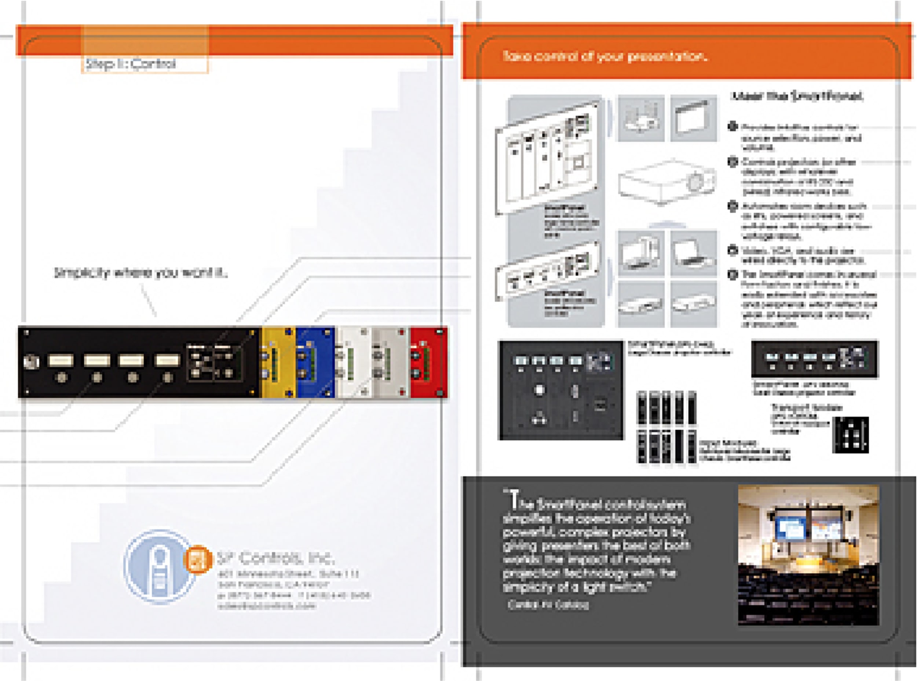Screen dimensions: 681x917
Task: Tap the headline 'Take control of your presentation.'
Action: (x=604, y=56)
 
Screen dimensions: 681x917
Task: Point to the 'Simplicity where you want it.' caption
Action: (x=141, y=273)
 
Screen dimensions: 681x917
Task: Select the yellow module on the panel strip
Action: (x=278, y=362)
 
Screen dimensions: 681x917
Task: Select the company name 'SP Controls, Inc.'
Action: (x=275, y=558)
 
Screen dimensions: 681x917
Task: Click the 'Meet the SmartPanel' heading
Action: (x=796, y=96)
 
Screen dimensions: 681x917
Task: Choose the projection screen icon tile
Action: (x=693, y=118)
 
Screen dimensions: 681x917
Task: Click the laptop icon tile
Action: (x=693, y=253)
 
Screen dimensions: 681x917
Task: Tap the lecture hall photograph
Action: (x=808, y=555)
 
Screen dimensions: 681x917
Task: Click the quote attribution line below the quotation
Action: (x=548, y=605)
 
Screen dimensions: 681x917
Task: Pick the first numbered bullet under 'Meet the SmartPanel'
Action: (x=732, y=126)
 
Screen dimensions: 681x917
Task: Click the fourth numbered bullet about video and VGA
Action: (x=732, y=250)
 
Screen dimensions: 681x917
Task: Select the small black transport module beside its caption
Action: (x=850, y=434)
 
